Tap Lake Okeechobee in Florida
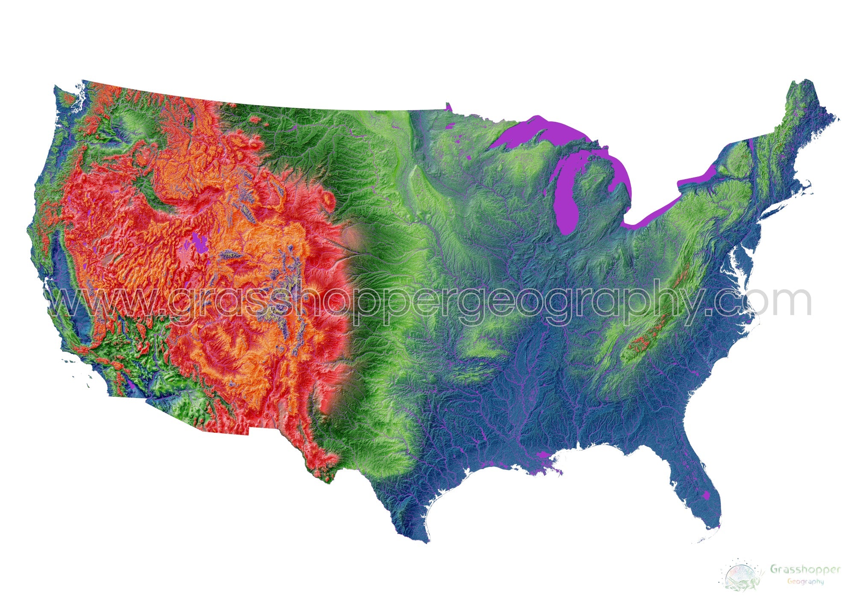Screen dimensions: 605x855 706,495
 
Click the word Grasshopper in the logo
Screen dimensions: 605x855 805,569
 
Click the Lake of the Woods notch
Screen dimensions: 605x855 448,106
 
